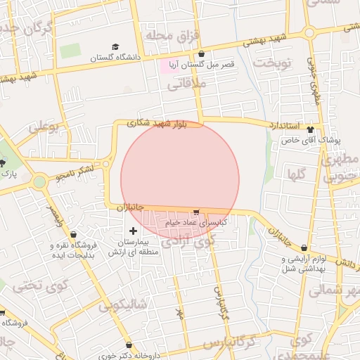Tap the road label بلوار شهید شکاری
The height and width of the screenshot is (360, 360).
157,122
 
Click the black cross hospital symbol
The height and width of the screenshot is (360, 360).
133,231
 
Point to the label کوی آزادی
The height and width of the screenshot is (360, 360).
188,241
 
